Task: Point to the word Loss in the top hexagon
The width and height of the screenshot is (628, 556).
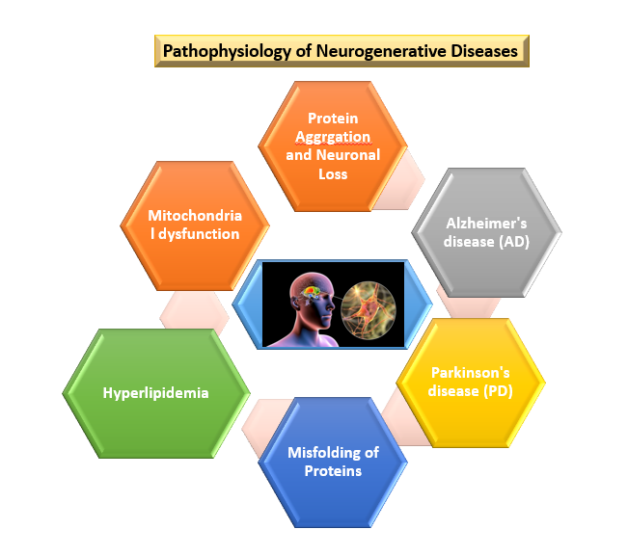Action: (x=333, y=174)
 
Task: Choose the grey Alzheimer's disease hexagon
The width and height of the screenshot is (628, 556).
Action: (x=486, y=232)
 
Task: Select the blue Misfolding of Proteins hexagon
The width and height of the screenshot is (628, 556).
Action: (x=333, y=461)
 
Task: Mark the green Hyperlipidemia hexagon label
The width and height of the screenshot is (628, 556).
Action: (x=155, y=393)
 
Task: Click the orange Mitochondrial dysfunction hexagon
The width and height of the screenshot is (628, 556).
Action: (x=194, y=225)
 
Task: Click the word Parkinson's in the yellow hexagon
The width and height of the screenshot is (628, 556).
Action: (x=470, y=372)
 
